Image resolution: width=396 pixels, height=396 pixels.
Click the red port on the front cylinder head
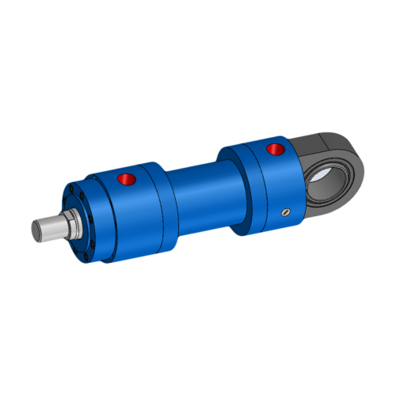pyautogui.click(x=127, y=180)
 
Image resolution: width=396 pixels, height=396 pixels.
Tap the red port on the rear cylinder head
pyautogui.click(x=276, y=149)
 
